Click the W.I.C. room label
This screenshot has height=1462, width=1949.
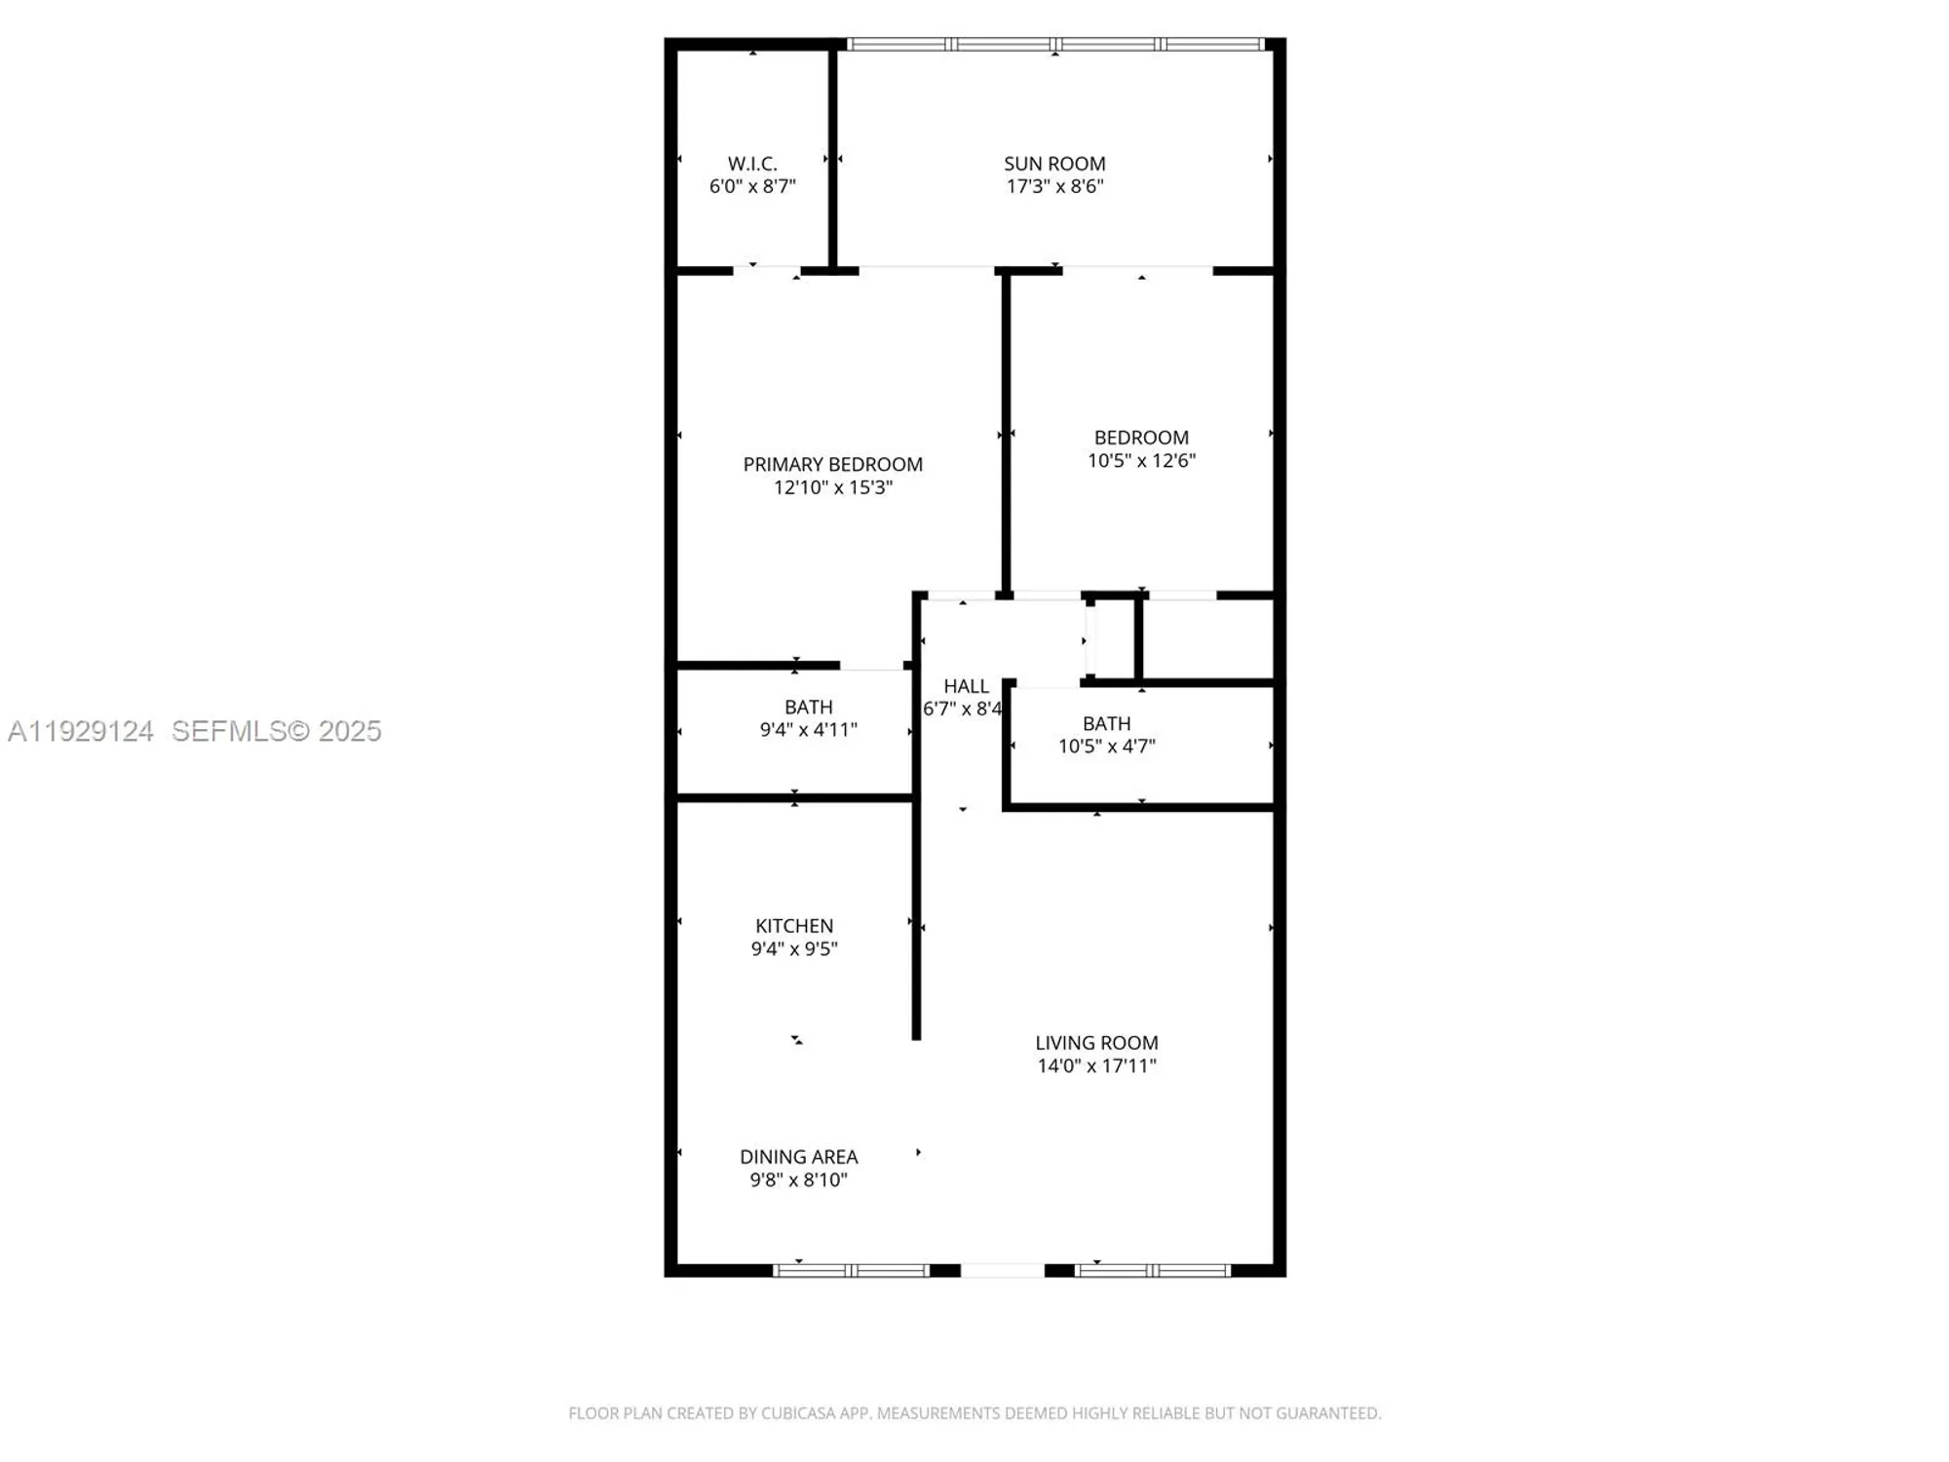coord(752,164)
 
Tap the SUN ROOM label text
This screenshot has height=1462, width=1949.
coord(1054,164)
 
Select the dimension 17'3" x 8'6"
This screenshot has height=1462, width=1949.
coord(1054,186)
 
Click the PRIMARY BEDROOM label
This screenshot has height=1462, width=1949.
coord(832,465)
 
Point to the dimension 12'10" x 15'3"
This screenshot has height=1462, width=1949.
coord(832,487)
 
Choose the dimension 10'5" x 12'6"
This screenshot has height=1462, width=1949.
coord(1141,460)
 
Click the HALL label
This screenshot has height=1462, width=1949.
coord(966,686)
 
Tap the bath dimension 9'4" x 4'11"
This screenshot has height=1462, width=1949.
coord(808,729)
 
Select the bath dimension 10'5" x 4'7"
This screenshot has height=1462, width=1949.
coord(1106,746)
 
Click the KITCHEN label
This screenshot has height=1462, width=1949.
coord(794,926)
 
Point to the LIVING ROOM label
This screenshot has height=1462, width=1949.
coord(1096,1043)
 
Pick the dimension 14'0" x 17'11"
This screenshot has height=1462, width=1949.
coord(1096,1065)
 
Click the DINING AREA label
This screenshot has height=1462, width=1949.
coord(798,1157)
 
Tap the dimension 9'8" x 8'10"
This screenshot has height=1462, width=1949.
coord(798,1179)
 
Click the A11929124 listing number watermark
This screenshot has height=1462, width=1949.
coord(81,731)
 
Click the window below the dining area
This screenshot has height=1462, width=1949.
coord(852,1270)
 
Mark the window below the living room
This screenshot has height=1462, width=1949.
coord(1152,1270)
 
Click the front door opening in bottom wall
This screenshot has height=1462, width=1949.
coord(1002,1270)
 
